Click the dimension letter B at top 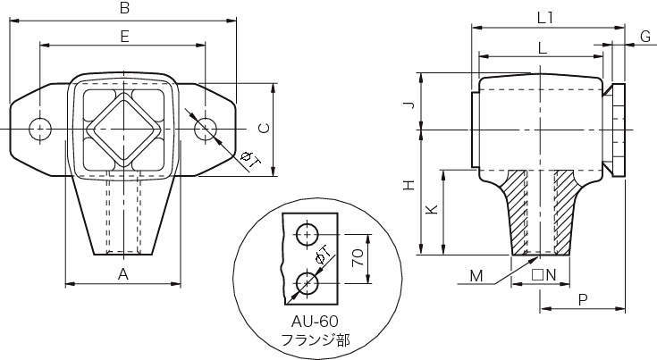(x=124, y=8)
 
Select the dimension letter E (x=124, y=37)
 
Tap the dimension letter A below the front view (x=122, y=274)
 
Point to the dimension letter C (x=264, y=129)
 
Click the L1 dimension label (x=546, y=18)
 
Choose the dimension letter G (x=645, y=37)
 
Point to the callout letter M (x=476, y=276)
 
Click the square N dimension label (x=543, y=275)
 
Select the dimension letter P (x=583, y=300)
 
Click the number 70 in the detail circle (x=358, y=258)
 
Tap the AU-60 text (x=315, y=322)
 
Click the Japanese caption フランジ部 (x=315, y=339)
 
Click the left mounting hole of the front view (x=40, y=129)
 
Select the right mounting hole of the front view (x=206, y=129)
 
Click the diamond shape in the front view (x=124, y=129)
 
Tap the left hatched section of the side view (x=517, y=212)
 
